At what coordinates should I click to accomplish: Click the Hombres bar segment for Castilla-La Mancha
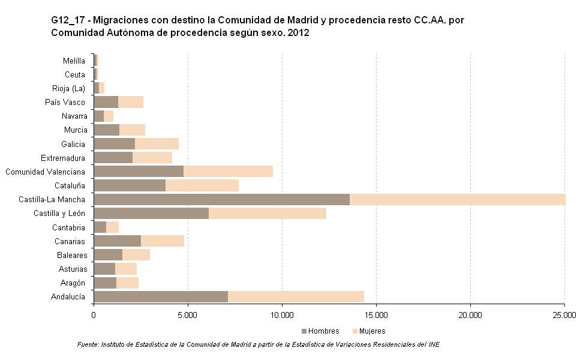pos(222,199)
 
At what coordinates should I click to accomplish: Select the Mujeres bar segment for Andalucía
pos(296,296)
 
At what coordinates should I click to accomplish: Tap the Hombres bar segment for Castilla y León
pos(151,213)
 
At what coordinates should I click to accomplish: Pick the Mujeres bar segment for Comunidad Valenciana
pos(228,172)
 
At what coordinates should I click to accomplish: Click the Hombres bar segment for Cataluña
pos(130,185)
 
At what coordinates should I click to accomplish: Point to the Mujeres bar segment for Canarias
pos(163,241)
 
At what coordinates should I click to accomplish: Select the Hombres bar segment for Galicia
pos(115,144)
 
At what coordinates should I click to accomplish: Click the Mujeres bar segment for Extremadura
pos(152,158)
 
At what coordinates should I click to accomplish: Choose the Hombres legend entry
pos(320,331)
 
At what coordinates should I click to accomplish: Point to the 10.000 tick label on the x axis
pos(282,314)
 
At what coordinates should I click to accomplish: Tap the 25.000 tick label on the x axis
pos(564,314)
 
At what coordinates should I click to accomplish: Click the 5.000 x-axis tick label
pos(188,314)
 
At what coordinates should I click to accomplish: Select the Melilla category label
pos(74,61)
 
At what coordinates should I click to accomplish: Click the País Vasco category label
pos(65,102)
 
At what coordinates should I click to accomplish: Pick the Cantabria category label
pos(69,227)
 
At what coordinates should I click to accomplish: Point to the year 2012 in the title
pos(298,33)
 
